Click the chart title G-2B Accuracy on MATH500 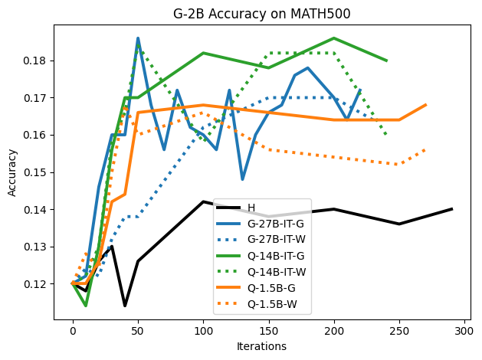click(265, 13)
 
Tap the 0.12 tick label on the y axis click(35, 284)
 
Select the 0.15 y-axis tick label click(35, 172)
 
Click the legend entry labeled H click(251, 208)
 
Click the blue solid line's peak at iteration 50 click(138, 38)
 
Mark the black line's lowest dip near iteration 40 click(125, 306)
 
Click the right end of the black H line click(451, 209)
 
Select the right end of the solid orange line click(425, 105)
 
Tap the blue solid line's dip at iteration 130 click(242, 179)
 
